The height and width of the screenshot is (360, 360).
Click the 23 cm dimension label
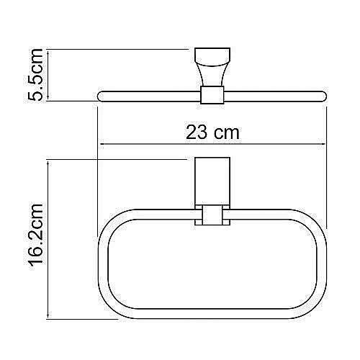pos(212,132)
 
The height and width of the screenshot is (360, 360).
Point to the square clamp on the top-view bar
pos(211,95)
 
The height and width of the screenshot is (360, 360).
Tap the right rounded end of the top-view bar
pos(323,95)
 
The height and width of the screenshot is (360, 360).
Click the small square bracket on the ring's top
pos(211,216)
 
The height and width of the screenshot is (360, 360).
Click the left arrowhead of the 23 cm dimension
pos(101,143)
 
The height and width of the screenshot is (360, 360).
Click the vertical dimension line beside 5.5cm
pos(48,75)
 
